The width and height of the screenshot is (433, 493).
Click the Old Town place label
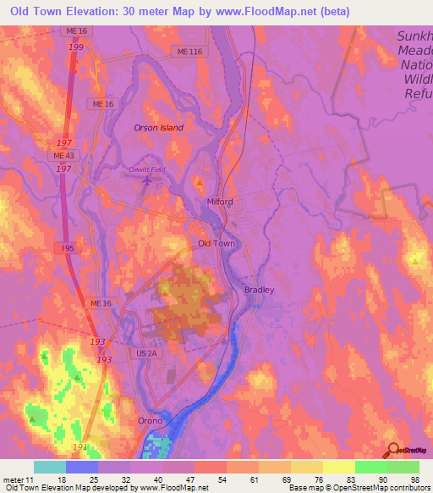(x=216, y=243)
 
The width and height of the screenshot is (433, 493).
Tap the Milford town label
(x=220, y=202)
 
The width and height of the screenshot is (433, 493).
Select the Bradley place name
(x=260, y=290)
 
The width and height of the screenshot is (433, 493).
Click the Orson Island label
(x=158, y=128)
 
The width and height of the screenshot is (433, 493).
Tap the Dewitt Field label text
(x=147, y=169)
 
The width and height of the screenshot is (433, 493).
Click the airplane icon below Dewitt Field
(x=149, y=180)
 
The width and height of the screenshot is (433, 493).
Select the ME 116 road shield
(x=191, y=53)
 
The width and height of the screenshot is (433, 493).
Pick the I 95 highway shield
(x=69, y=247)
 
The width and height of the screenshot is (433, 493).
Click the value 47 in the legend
(x=194, y=479)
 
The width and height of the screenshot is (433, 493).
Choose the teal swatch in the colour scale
(x=50, y=467)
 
